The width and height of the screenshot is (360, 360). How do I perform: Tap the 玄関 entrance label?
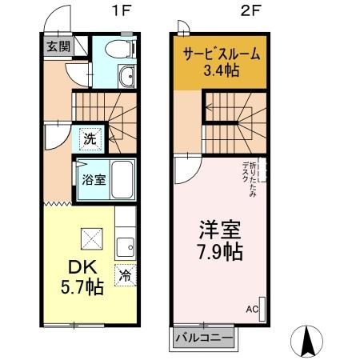[x=57, y=46]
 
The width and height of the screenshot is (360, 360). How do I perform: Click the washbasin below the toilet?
[x=126, y=78]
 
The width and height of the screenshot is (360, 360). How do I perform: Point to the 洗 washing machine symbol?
[x=90, y=138]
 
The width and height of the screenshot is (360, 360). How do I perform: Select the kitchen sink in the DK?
[x=125, y=246]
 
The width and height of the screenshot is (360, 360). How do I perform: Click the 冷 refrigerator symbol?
[x=126, y=274]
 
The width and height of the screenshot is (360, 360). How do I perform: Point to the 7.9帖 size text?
[x=221, y=251]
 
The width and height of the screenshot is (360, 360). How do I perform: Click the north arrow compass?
[x=307, y=342]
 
